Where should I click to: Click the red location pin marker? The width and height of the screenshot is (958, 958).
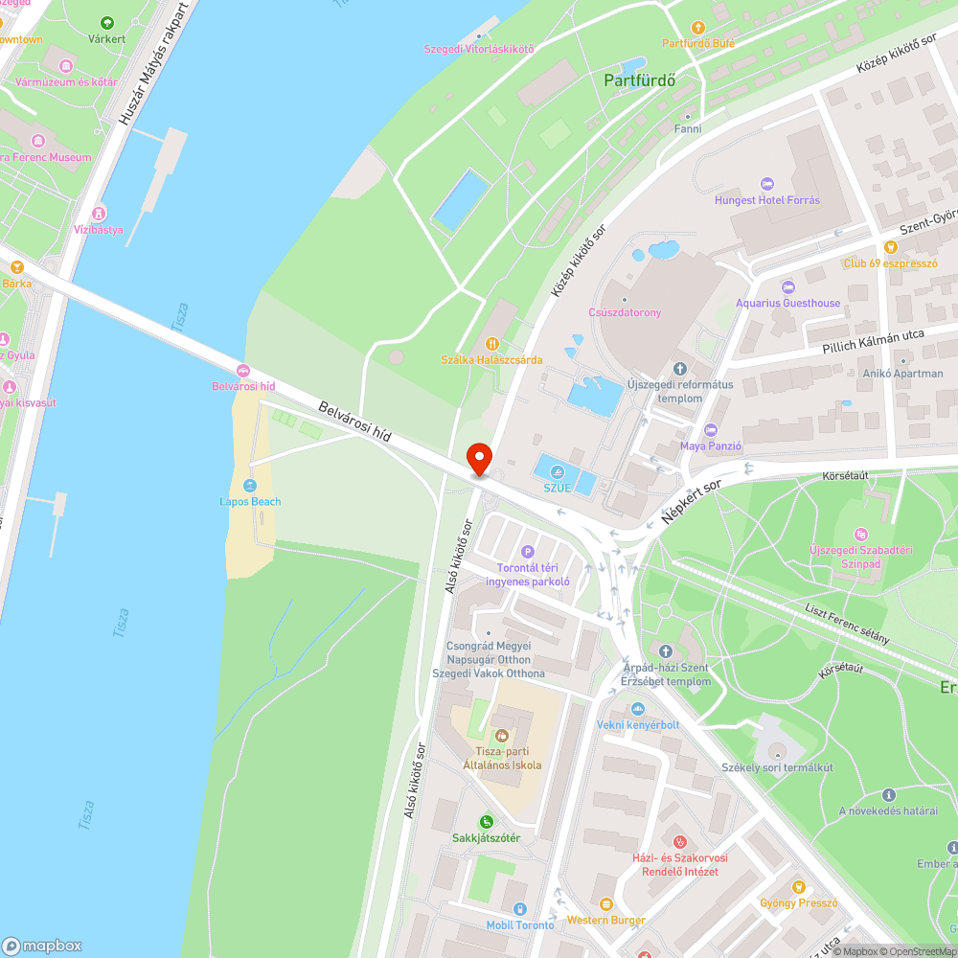tap(478, 458)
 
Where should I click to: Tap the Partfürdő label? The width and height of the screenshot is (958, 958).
tap(640, 80)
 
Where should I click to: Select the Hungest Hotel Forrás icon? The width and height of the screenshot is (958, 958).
tap(765, 184)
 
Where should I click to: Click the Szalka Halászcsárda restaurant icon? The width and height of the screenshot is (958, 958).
tap(492, 343)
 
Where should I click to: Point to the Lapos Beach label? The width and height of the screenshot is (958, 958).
tap(250, 501)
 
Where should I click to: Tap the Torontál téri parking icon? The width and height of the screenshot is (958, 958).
tap(527, 551)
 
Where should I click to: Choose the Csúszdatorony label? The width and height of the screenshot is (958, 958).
tap(625, 312)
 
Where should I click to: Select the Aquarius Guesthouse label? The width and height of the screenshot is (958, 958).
tap(787, 303)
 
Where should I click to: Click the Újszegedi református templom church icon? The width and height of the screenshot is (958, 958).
tap(680, 368)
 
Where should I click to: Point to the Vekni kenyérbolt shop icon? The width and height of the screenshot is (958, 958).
tap(637, 709)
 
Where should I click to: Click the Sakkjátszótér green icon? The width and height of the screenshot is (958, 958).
tap(487, 821)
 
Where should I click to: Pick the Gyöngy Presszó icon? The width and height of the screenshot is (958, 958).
tap(798, 886)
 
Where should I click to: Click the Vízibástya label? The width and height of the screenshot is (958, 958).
tap(99, 230)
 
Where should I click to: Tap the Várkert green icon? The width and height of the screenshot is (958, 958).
tap(106, 23)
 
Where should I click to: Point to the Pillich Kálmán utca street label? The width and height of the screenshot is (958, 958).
tap(873, 344)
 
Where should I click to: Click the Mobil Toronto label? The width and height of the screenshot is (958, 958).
tap(520, 924)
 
